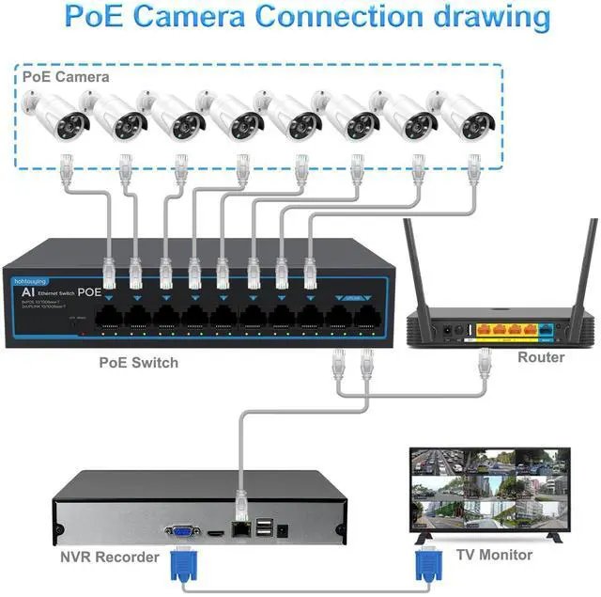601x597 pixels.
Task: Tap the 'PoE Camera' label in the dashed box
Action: tap(66, 77)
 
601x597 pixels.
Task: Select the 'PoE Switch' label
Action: tap(139, 362)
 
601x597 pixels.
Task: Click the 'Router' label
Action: tap(542, 357)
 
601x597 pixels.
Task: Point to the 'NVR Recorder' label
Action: tap(110, 557)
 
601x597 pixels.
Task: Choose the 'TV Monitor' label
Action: tap(495, 555)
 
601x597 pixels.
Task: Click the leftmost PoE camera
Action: tap(57, 117)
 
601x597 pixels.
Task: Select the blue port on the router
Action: tap(547, 330)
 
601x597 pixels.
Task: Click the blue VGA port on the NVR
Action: tap(182, 531)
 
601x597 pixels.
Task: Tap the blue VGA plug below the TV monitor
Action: tap(428, 564)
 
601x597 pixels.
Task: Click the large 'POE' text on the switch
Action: tap(90, 292)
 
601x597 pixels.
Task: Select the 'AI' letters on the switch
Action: tap(27, 292)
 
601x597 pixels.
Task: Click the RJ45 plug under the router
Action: tap(485, 362)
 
